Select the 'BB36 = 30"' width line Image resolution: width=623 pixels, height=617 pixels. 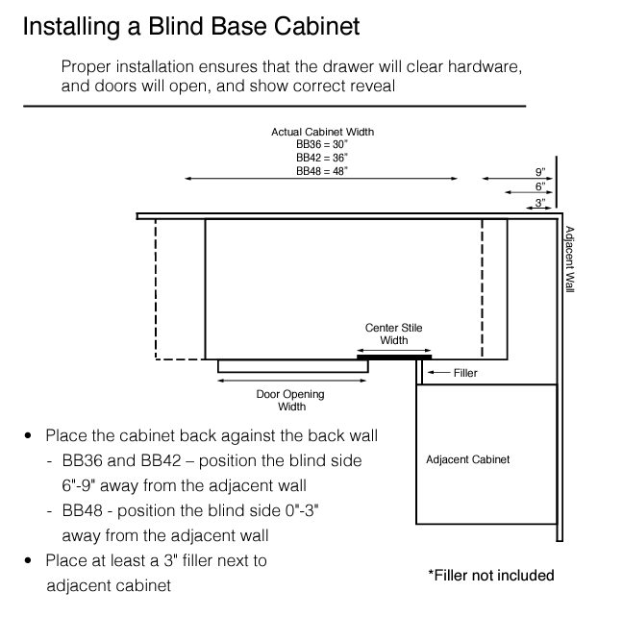[322, 143]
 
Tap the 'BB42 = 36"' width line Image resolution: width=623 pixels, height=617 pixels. [322, 157]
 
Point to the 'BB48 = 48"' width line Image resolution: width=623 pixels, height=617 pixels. [322, 170]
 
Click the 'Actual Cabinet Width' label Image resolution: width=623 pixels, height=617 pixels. [322, 131]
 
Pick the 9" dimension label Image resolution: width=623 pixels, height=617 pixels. [540, 172]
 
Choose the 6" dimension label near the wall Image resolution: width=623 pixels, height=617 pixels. [540, 185]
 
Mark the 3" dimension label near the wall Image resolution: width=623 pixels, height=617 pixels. [540, 201]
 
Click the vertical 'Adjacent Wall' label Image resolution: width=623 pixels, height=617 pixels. [569, 259]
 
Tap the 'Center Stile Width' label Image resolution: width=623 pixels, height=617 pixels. [393, 334]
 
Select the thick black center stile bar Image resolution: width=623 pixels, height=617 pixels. [394, 357]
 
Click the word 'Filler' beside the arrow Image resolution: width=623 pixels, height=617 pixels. [465, 373]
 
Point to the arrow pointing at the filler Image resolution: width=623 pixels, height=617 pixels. [437, 373]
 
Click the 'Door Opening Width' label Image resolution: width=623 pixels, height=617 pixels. [289, 400]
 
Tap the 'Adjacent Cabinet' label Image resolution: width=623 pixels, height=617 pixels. [467, 459]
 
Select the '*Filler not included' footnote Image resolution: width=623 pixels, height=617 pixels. [491, 576]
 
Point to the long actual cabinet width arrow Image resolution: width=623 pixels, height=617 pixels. [321, 179]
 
